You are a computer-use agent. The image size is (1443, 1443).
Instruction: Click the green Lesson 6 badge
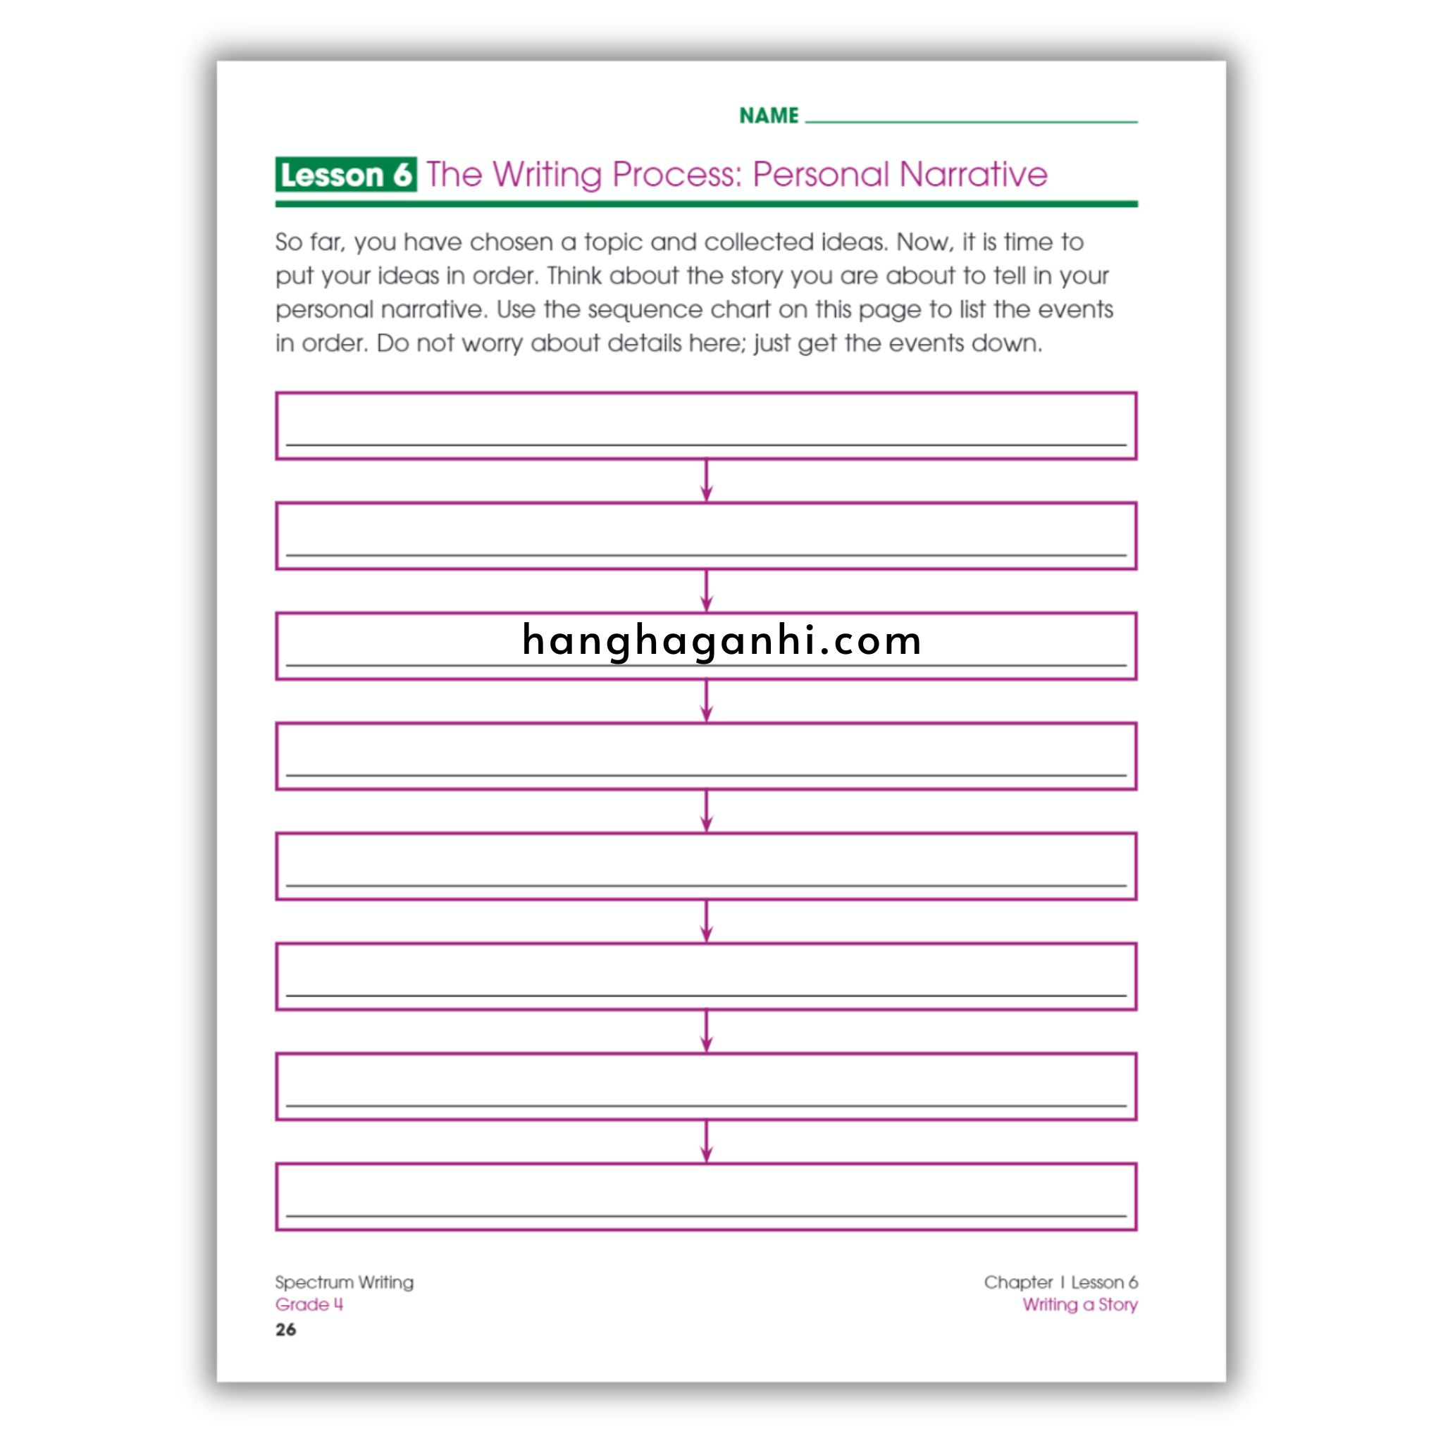pos(345,175)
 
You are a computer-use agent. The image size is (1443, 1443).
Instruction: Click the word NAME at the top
pos(769,116)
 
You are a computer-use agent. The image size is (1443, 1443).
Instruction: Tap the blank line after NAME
pos(971,118)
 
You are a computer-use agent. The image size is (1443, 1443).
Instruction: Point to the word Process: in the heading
pos(676,175)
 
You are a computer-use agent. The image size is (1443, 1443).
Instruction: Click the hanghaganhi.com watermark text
pos(721,641)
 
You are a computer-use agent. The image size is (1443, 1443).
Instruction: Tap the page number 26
pos(285,1330)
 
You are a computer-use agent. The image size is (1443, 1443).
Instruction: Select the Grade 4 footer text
pos(309,1304)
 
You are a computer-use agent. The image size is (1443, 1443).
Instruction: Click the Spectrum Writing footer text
pos(344,1282)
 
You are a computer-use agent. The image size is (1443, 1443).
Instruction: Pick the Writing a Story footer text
pos(1079,1304)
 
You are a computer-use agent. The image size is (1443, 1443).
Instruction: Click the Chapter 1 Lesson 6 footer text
pos(1060,1282)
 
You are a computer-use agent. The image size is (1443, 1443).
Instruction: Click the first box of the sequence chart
pos(706,426)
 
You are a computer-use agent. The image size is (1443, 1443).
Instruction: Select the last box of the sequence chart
pos(706,1196)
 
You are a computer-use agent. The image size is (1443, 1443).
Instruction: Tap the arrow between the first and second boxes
pos(707,481)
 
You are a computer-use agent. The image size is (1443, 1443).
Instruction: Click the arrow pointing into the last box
pos(707,1141)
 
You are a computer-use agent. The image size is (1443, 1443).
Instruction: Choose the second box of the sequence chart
pos(706,535)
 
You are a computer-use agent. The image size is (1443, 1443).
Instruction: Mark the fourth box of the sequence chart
pos(706,756)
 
